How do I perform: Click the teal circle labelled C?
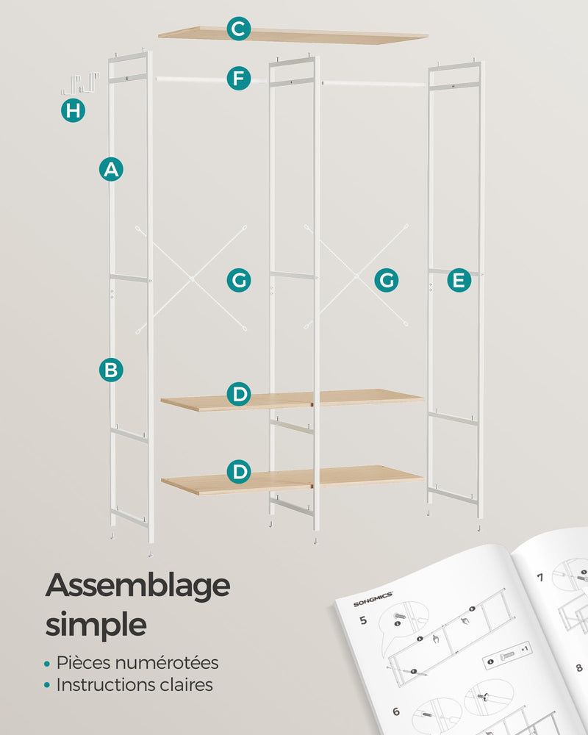[239, 29]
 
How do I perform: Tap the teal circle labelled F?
[239, 79]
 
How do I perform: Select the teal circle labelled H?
[73, 111]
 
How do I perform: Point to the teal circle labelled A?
[111, 169]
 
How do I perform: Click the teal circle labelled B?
[111, 370]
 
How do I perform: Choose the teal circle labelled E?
[459, 280]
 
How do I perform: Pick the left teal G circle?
[239, 280]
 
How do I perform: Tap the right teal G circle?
[387, 280]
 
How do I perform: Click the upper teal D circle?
[239, 394]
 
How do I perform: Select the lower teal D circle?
[239, 472]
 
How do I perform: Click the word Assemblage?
[138, 587]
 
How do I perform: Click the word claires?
[186, 685]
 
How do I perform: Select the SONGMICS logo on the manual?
[373, 599]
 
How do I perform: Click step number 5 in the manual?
[363, 620]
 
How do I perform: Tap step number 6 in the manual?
[396, 711]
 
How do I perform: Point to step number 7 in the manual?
[540, 577]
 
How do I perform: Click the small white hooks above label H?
[80, 84]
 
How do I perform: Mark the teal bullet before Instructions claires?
[47, 685]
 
